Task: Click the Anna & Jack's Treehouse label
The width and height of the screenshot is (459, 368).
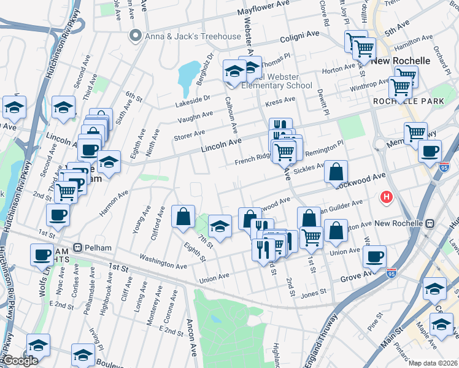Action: [x=193, y=36]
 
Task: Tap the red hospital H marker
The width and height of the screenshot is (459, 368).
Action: [x=387, y=197]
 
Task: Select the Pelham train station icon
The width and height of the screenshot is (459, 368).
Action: [x=77, y=247]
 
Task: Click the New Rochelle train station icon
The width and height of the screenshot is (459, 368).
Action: [x=431, y=223]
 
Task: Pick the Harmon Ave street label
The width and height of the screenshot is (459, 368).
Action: [x=115, y=202]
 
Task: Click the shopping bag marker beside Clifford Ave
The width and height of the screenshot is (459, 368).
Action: [x=183, y=217]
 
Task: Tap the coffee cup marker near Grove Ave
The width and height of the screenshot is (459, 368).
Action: [x=374, y=257]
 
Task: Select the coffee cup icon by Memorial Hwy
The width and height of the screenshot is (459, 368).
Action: [x=430, y=150]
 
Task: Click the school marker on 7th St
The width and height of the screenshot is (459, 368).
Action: [x=220, y=226]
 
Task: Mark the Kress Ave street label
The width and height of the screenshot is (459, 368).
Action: [x=280, y=102]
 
